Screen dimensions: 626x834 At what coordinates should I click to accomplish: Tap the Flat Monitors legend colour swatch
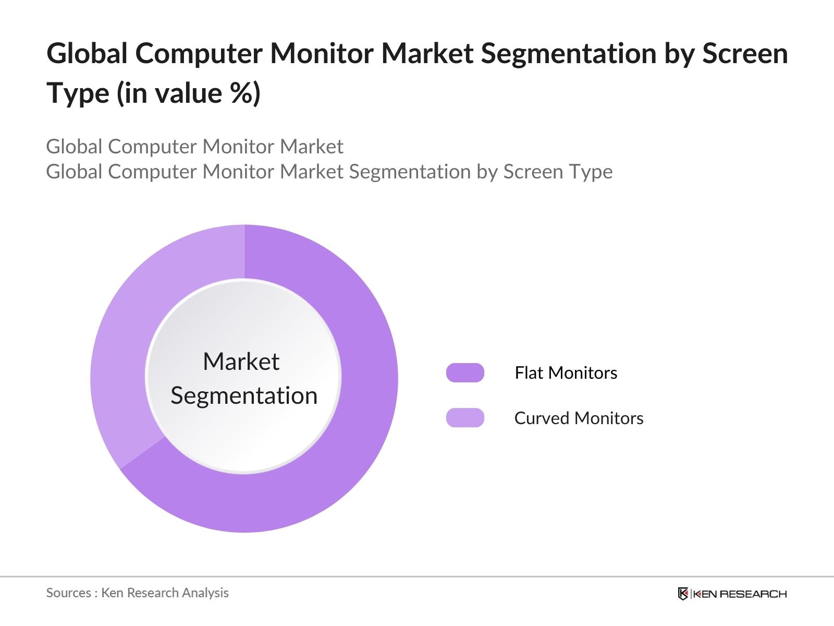pyautogui.click(x=465, y=372)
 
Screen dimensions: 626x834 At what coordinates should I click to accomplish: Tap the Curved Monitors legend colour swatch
pyautogui.click(x=465, y=418)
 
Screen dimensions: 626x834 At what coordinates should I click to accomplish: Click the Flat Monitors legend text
pyautogui.click(x=566, y=372)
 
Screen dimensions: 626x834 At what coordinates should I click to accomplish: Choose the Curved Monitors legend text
pyautogui.click(x=579, y=418)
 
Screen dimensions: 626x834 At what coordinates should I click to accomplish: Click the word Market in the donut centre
pyautogui.click(x=241, y=362)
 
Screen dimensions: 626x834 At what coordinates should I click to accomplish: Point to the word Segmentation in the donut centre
pyautogui.click(x=244, y=395)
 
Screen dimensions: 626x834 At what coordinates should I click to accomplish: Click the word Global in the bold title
pyautogui.click(x=87, y=54)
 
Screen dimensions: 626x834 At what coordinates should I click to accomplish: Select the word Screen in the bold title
pyautogui.click(x=745, y=54)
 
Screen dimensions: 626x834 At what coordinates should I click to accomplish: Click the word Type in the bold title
pyautogui.click(x=78, y=94)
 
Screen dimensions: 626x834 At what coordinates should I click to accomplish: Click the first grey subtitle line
pyautogui.click(x=194, y=147)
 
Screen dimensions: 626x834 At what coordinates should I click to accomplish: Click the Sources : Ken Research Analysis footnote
pyautogui.click(x=137, y=593)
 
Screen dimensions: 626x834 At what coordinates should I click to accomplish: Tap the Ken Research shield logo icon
pyautogui.click(x=683, y=594)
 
